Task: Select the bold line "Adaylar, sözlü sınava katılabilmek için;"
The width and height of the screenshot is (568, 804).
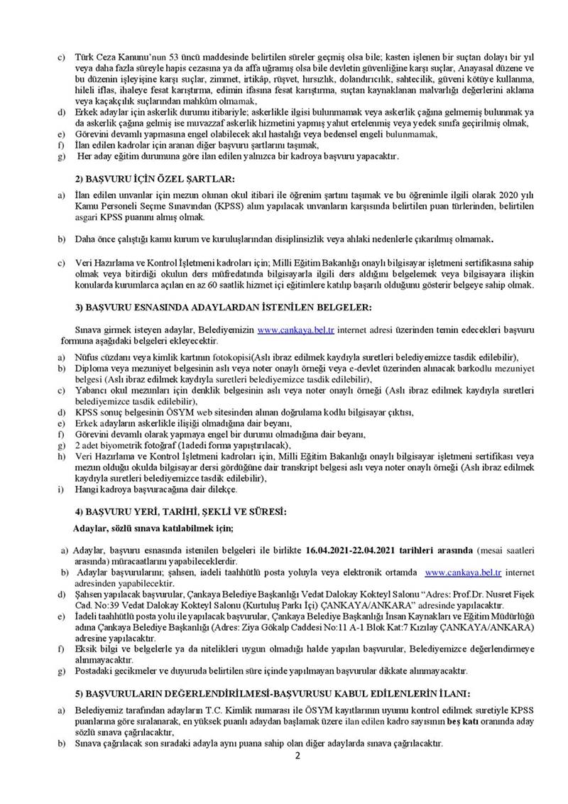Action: pyautogui.click(x=153, y=528)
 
